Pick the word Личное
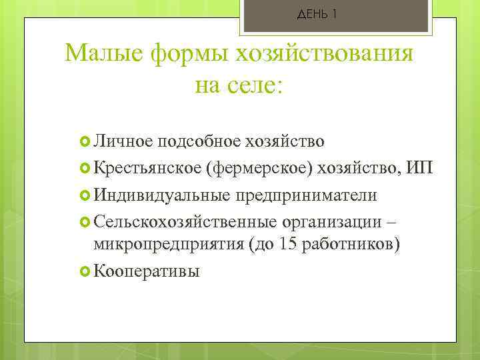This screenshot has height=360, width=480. [x=123, y=141]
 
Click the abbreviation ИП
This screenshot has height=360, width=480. [x=419, y=168]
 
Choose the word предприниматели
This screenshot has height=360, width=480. [x=304, y=195]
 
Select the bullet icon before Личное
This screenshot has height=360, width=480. [x=85, y=141]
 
